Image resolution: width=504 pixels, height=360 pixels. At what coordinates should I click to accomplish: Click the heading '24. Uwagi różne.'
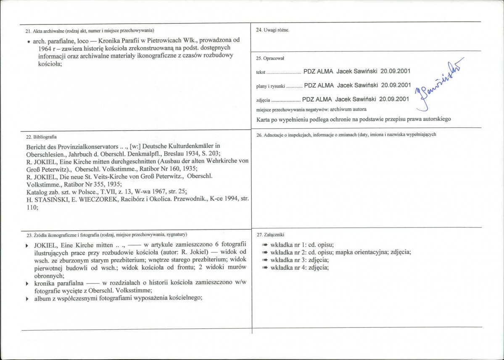pyautogui.click(x=272, y=30)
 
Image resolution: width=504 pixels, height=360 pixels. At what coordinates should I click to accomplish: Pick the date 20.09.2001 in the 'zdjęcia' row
pyautogui.click(x=394, y=99)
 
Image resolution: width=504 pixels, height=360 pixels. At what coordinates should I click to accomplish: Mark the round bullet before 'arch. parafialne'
pyautogui.click(x=28, y=42)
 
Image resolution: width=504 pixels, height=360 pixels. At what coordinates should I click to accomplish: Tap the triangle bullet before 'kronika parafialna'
pyautogui.click(x=28, y=284)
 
